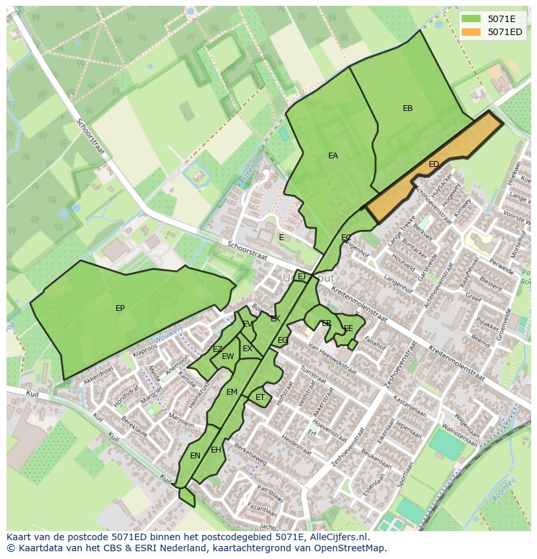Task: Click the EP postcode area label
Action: tap(120, 308)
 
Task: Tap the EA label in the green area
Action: tap(333, 156)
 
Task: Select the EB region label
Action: tap(407, 108)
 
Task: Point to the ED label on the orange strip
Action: tap(434, 164)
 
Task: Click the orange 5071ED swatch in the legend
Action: tap(472, 32)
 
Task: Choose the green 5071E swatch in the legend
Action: tap(472, 19)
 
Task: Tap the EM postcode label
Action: tap(232, 392)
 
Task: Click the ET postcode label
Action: tap(260, 397)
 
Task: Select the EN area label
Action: tap(195, 456)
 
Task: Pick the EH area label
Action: tap(216, 450)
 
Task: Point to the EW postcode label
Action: tap(228, 356)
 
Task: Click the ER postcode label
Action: tap(326, 323)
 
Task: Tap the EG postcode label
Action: tap(283, 340)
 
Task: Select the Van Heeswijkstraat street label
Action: tap(332, 359)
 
